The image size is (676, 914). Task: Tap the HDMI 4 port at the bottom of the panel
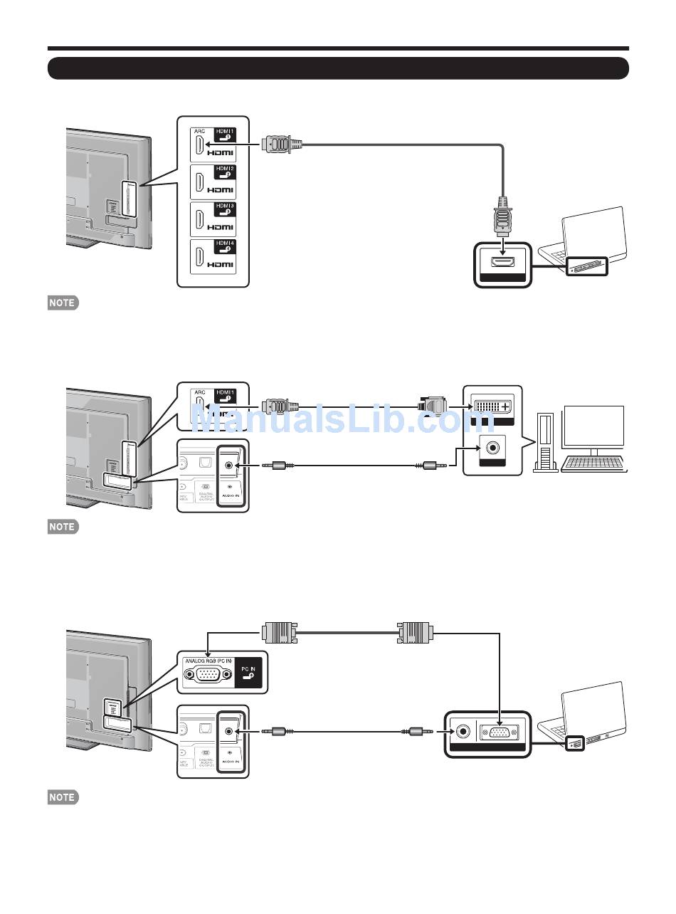198,258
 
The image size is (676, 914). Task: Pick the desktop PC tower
546,441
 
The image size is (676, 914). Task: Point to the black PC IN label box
248,671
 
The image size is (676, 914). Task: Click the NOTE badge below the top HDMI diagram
63,303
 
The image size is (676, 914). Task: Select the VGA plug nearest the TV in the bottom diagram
279,632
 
